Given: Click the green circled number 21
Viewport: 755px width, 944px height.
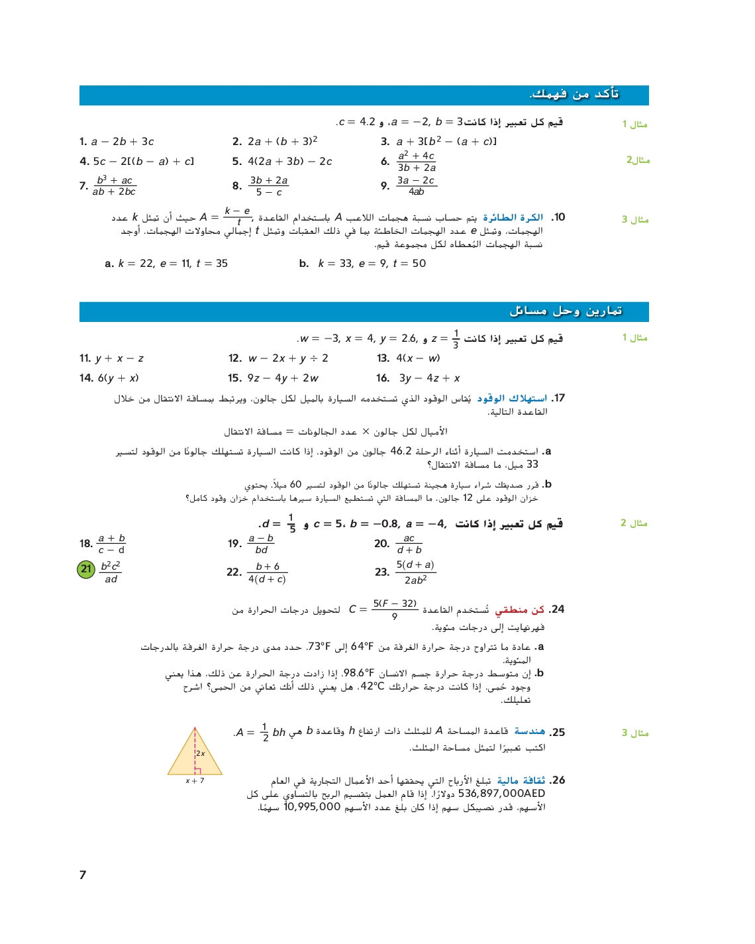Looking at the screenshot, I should point(86,569).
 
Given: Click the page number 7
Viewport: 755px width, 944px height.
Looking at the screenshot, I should point(83,875).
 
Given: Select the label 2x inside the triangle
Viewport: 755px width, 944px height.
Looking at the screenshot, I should point(200,753).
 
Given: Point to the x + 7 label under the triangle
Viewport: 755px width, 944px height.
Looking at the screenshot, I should point(195,781).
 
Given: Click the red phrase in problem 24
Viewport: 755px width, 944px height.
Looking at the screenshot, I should point(520,609).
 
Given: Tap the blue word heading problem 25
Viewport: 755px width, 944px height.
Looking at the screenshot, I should point(530,731).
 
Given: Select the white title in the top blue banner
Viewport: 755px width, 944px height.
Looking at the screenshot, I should point(574,94).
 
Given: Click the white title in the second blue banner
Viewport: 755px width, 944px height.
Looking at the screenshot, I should point(566,311).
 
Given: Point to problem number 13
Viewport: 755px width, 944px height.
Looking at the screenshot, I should point(383,358).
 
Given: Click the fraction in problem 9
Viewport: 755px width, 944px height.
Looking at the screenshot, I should point(416,185).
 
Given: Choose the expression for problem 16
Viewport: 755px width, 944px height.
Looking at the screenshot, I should point(429,378).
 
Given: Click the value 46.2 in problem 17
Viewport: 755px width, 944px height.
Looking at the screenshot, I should point(401,451).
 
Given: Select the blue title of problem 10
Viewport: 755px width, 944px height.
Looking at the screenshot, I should point(513,217).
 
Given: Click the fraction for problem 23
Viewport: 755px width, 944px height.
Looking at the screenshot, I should point(415,572).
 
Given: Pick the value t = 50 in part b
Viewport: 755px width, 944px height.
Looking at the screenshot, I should point(409,264).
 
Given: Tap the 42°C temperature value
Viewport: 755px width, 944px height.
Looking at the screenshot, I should point(372,686).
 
